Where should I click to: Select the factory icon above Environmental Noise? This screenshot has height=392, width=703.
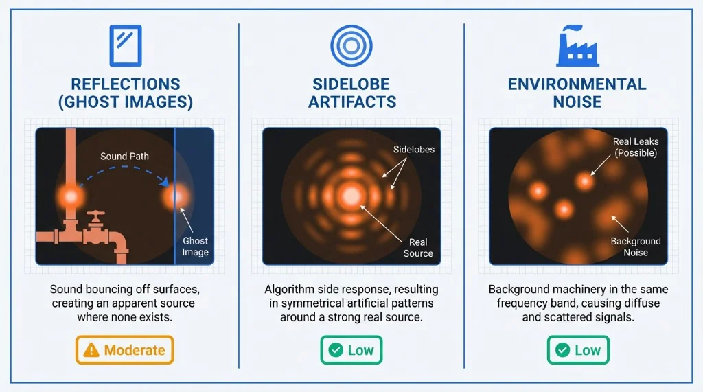pyautogui.click(x=577, y=45)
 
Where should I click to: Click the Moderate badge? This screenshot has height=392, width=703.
pyautogui.click(x=126, y=350)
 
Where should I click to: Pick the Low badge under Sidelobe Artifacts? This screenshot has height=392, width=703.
pyautogui.click(x=351, y=350)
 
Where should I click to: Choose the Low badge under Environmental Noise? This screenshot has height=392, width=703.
pyautogui.click(x=578, y=350)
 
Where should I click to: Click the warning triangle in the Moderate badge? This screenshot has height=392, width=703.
pyautogui.click(x=91, y=350)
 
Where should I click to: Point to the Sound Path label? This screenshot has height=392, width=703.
pyautogui.click(x=124, y=156)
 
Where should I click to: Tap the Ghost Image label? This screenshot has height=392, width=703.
pyautogui.click(x=195, y=246)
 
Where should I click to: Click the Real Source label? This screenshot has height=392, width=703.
pyautogui.click(x=418, y=247)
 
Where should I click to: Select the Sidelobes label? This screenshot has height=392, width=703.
pyautogui.click(x=414, y=149)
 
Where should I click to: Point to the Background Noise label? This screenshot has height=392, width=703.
pyautogui.click(x=636, y=246)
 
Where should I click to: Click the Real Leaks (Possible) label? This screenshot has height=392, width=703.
pyautogui.click(x=636, y=147)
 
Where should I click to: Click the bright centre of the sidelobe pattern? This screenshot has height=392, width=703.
pyautogui.click(x=351, y=196)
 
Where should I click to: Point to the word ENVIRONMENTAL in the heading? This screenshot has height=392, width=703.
pyautogui.click(x=577, y=84)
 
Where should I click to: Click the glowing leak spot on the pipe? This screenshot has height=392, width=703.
pyautogui.click(x=71, y=196)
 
